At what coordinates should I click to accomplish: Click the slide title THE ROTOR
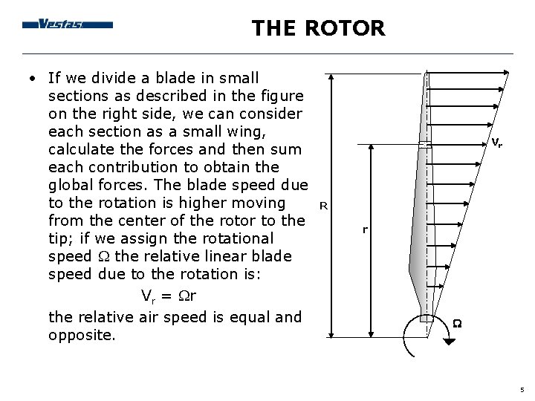coord(318,28)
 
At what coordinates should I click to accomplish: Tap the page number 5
coord(522,389)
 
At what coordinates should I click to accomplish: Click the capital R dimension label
coord(322,204)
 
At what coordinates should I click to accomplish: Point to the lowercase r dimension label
coord(365,230)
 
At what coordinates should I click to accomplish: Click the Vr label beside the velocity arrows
coord(496,143)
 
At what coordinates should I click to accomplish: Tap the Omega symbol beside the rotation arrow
coord(458,322)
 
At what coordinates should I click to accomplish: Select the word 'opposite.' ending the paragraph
coord(82,335)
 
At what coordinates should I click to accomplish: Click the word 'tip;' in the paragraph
coord(60,238)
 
